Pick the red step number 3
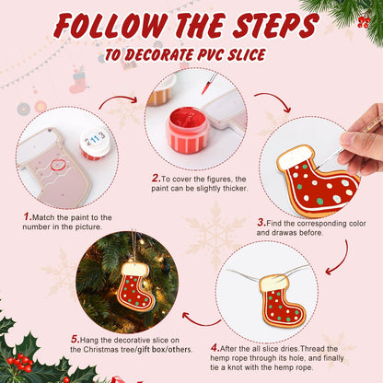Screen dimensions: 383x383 [261, 222]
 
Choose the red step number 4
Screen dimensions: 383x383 [215, 348]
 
